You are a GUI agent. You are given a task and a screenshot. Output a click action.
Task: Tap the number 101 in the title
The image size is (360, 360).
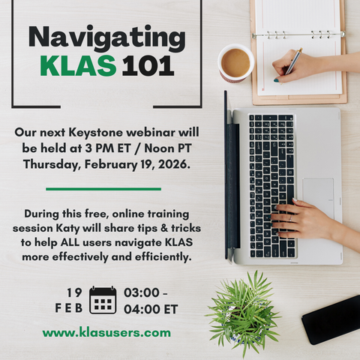147,66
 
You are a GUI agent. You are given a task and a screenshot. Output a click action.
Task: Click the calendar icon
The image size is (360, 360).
102,300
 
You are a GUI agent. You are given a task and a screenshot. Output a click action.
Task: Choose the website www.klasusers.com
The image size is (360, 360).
106,332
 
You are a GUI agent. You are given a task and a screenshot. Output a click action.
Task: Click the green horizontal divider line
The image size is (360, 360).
103,188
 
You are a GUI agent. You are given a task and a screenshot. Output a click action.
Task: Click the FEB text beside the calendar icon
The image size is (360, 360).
69,307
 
